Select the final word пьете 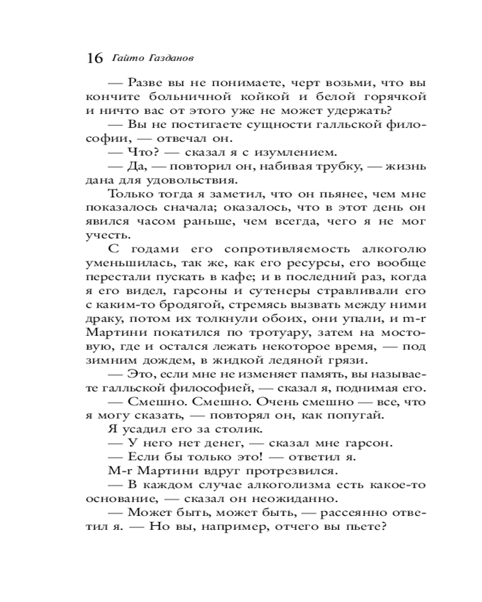pyautogui.click(x=365, y=527)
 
